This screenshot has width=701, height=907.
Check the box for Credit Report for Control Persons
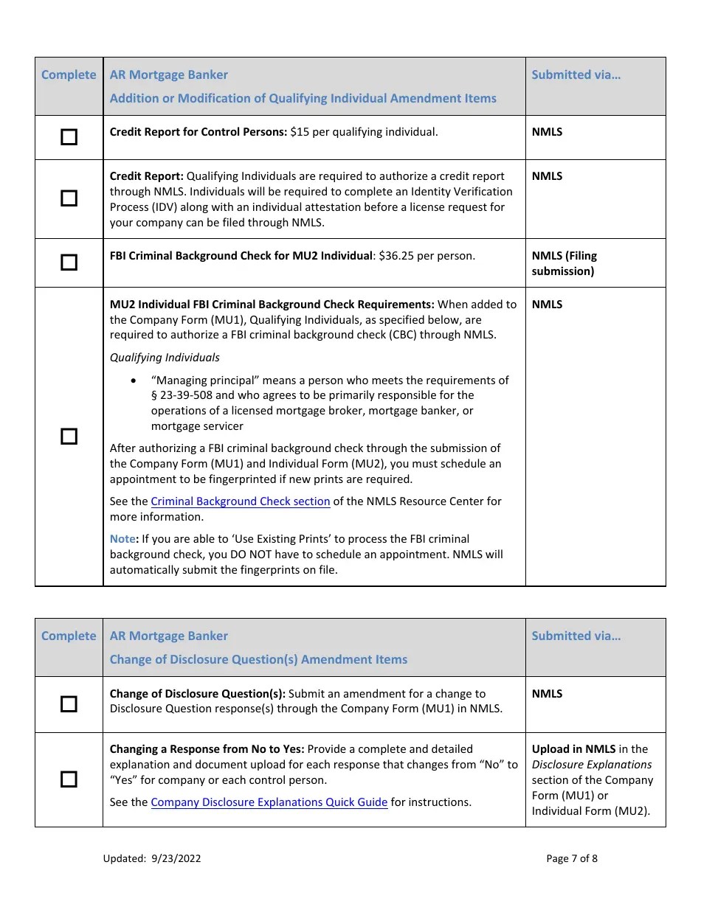pos(69,137)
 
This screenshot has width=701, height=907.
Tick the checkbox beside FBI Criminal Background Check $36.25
pos(69,263)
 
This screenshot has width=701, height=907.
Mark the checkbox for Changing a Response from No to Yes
pos(69,779)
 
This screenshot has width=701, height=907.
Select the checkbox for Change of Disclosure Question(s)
pos(69,704)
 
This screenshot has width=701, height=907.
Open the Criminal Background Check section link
pos(241,501)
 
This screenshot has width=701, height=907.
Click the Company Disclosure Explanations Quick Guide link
pos(269,802)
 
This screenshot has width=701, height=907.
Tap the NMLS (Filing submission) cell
pos(564,263)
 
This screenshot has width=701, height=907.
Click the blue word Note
pos(122,539)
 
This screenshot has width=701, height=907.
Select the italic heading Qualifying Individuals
pos(165,358)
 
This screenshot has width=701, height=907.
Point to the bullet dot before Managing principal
pos(133,380)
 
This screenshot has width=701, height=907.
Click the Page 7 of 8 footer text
pos(572,858)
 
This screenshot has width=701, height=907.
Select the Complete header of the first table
pos(69,74)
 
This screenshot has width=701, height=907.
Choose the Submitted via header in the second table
pos(576,636)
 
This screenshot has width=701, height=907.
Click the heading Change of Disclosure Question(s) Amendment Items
pos(258,659)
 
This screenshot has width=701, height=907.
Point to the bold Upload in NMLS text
pos(573,749)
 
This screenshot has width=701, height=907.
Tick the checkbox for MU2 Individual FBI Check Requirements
pos(69,437)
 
